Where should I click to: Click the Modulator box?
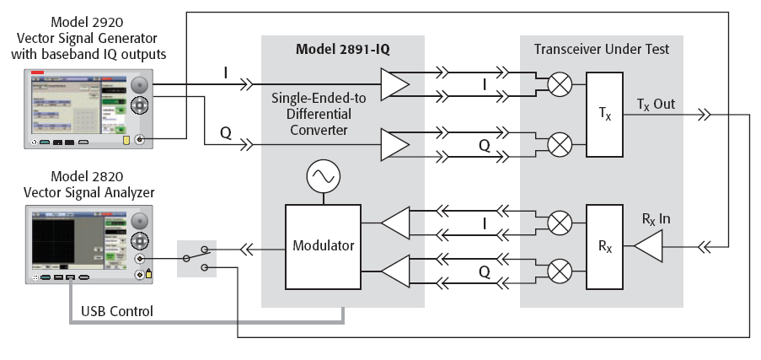[324, 246]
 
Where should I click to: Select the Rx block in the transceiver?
[603, 246]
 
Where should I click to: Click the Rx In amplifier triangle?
[648, 246]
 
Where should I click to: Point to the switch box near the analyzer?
[197, 260]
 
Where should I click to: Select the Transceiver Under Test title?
[602, 49]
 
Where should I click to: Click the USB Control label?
[117, 311]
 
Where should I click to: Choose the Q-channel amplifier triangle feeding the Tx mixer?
[394, 142]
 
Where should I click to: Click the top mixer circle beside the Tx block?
[559, 84]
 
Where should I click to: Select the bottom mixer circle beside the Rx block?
[559, 271]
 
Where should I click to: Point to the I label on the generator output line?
[227, 74]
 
